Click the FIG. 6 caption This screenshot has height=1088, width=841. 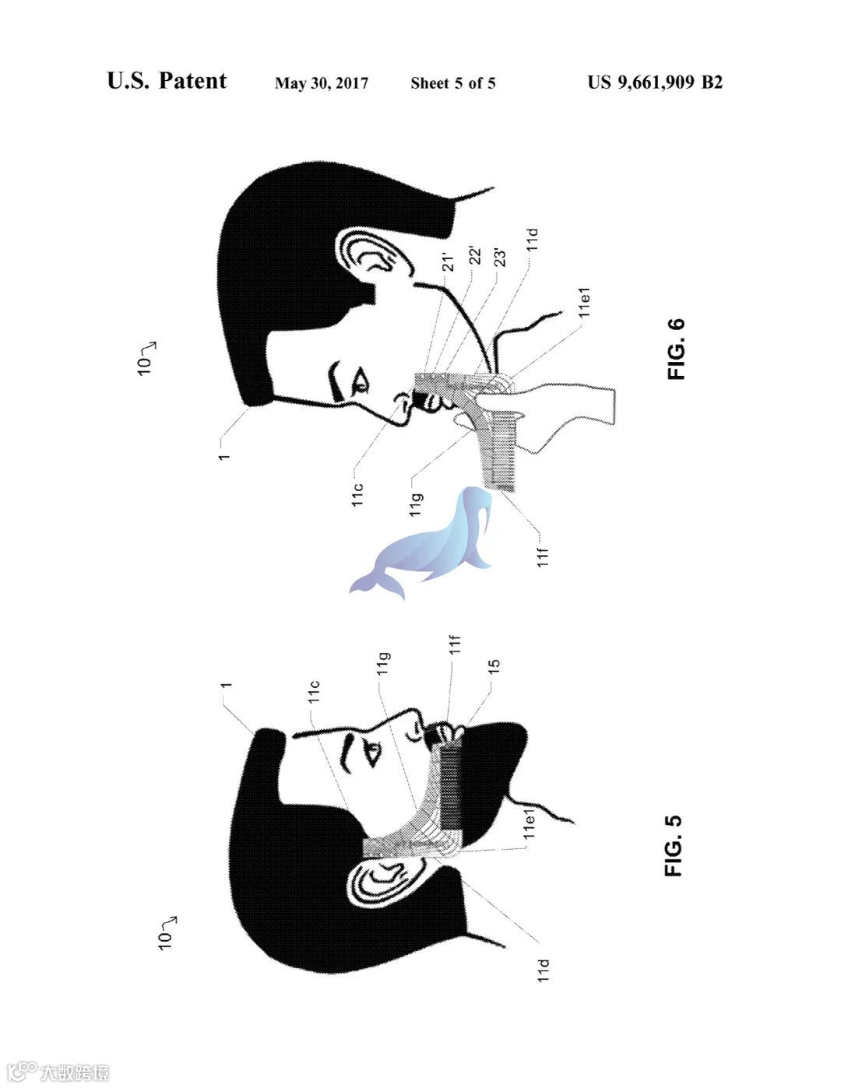point(676,349)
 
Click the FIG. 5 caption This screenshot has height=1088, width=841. point(674,845)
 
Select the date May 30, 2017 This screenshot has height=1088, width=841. point(322,83)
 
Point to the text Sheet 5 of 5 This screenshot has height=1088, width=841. point(452,83)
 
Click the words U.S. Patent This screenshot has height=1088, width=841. point(167,81)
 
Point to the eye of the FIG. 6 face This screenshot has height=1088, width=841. point(361,381)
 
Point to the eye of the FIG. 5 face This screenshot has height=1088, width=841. point(373,753)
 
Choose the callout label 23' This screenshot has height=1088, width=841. point(501,258)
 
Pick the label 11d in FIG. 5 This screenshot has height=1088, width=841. point(544,970)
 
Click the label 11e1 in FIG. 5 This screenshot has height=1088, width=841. point(529,822)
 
